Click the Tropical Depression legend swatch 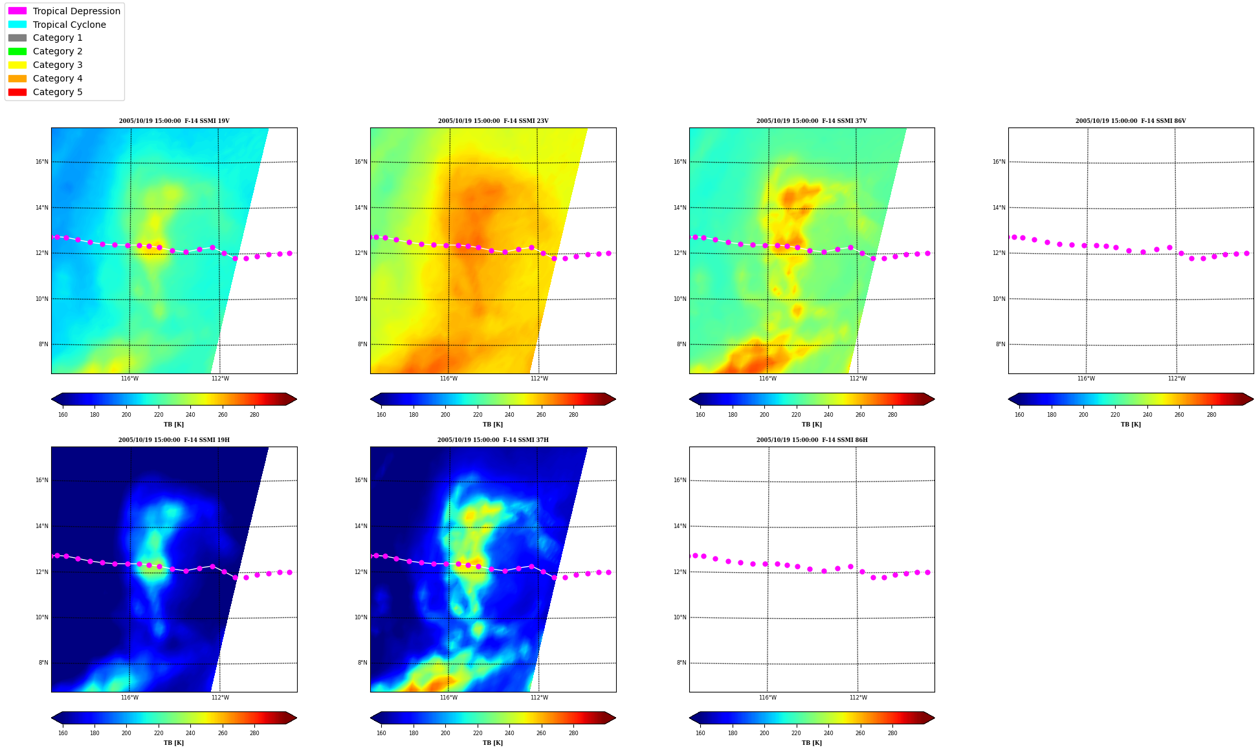17,11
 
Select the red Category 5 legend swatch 17,92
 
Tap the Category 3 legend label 58,65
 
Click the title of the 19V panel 174,121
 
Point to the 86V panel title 1131,121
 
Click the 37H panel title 493,440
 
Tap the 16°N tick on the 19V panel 42,162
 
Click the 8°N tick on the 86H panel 681,663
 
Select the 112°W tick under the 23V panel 539,379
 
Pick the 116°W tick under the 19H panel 129,698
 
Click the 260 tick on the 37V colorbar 860,415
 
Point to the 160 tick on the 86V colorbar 1019,415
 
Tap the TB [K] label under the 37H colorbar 492,743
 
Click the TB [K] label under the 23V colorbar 492,425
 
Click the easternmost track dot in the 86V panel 1246,254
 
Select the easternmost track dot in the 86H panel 927,572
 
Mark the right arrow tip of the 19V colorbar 297,399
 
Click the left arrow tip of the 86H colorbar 690,718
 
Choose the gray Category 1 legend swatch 17,38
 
